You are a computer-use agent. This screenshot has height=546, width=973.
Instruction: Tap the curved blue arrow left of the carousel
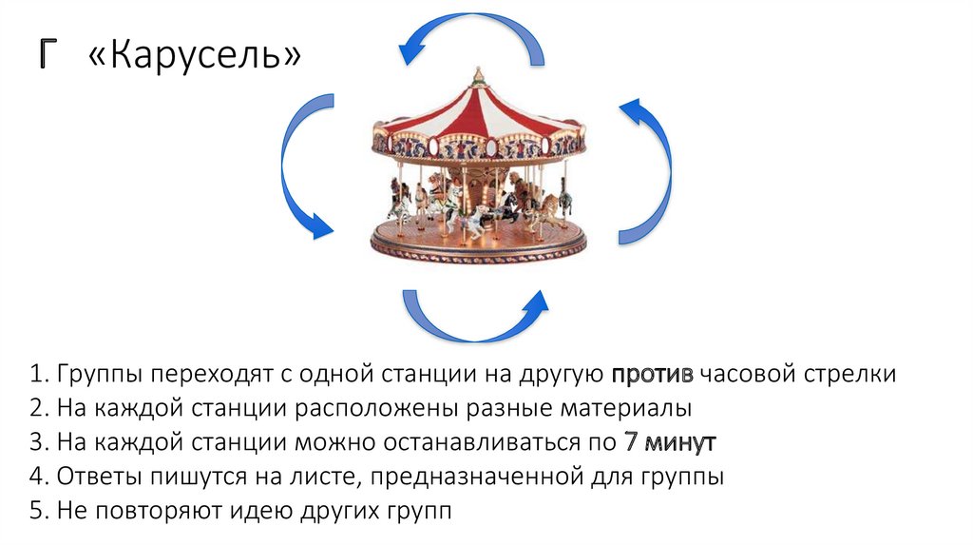coord(302,166)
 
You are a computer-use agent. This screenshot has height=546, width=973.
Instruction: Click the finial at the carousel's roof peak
coord(479,74)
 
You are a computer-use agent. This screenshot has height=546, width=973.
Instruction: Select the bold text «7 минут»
coord(670,442)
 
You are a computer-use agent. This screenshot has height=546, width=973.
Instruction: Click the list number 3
coord(36,442)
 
